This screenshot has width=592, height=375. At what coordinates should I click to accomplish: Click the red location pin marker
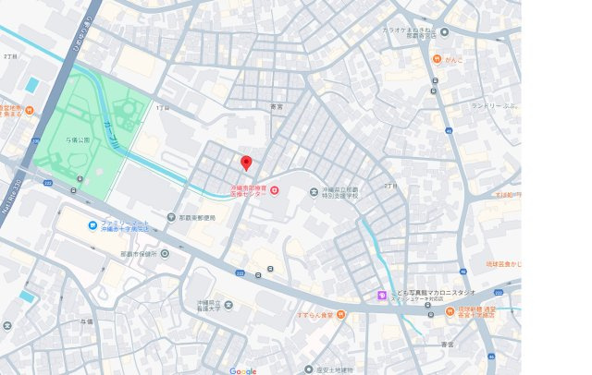[246, 163]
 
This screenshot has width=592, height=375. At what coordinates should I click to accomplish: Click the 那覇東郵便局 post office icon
[172, 218]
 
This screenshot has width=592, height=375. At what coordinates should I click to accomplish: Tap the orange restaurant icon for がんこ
[435, 59]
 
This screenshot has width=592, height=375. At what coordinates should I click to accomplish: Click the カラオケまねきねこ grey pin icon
[444, 31]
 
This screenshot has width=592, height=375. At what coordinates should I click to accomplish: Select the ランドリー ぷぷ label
[496, 104]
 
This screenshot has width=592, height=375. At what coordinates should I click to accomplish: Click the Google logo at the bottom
[242, 370]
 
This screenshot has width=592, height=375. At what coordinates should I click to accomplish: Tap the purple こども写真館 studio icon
[380, 296]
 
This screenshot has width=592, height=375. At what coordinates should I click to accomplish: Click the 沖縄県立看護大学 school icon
[228, 305]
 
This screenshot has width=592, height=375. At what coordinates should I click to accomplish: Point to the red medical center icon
[274, 191]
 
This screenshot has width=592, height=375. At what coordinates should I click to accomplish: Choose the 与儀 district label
[87, 321]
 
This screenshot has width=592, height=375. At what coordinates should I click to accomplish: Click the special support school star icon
[314, 192]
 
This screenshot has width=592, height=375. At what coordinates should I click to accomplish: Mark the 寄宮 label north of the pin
[276, 107]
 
